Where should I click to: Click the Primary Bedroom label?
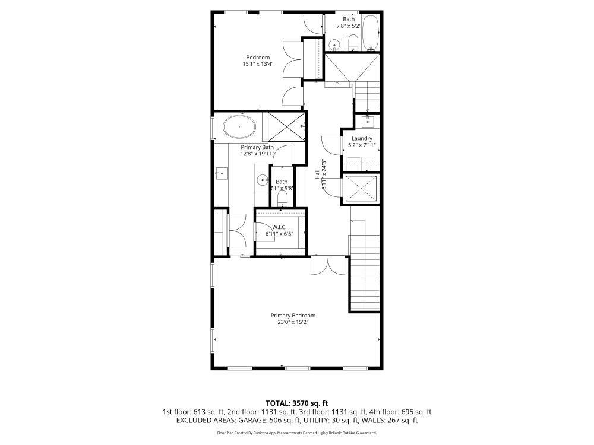tap(293, 315)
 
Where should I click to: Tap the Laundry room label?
tap(362, 138)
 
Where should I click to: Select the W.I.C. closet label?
tap(280, 227)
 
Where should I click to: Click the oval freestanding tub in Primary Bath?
tap(240, 126)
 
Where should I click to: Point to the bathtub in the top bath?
tap(371, 33)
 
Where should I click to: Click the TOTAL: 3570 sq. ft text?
tap(296, 403)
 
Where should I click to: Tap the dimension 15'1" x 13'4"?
tap(258, 64)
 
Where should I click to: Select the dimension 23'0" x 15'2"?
tap(293, 322)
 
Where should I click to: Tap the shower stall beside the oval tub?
tap(284, 126)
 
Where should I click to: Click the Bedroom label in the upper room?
tap(258, 58)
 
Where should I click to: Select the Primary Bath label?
tap(257, 147)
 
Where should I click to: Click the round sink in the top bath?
tap(334, 44)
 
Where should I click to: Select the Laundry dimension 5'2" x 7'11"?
tap(362, 145)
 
